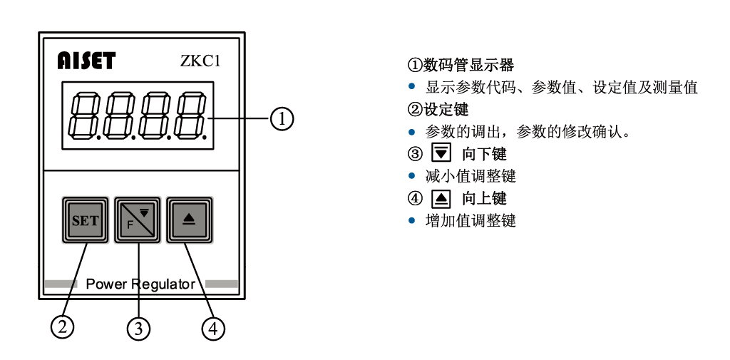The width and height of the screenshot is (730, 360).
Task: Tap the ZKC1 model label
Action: [x=200, y=61]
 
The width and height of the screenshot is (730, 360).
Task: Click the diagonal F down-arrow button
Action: [x=138, y=220]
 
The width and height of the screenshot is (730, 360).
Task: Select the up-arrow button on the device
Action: [x=190, y=220]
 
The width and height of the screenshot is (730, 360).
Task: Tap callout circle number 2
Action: [x=63, y=326]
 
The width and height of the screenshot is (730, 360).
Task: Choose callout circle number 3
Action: [x=138, y=328]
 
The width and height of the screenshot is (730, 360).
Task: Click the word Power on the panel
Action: [x=106, y=284]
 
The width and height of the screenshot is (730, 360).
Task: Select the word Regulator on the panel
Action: [x=163, y=284]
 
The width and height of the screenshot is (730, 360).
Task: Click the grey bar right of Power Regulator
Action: [x=222, y=284]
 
